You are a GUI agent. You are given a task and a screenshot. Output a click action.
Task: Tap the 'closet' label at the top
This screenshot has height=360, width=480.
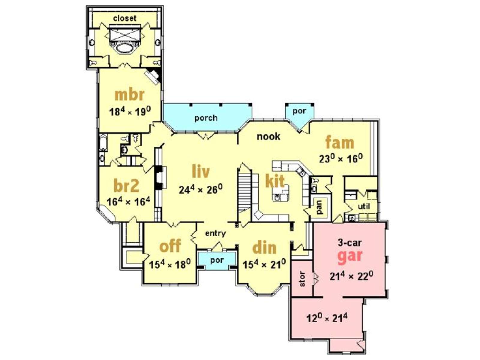click(x=124, y=18)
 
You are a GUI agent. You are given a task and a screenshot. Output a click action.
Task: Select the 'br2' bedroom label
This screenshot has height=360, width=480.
click(x=127, y=186)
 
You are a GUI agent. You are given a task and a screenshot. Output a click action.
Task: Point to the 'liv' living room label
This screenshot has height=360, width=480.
click(x=201, y=171)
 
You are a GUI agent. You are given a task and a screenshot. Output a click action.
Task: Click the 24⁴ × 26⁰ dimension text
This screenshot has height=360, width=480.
click(x=201, y=189)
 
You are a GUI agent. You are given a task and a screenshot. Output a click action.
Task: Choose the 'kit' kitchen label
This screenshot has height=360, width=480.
click(x=275, y=181)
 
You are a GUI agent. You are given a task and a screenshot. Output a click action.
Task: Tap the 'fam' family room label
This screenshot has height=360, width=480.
click(x=340, y=142)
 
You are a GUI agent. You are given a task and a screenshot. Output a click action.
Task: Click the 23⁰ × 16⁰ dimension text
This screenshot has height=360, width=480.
click(x=341, y=158)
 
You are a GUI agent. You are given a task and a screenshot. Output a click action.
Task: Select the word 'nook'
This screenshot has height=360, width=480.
click(x=268, y=136)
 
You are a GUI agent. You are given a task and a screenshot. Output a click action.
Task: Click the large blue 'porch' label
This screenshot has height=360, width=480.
click(x=206, y=118)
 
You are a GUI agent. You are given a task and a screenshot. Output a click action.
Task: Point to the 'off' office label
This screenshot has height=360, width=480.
click(x=170, y=245)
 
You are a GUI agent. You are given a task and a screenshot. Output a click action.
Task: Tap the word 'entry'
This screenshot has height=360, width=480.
click(x=215, y=233)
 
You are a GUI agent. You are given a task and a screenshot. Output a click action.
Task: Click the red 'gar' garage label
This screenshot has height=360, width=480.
click(x=350, y=255)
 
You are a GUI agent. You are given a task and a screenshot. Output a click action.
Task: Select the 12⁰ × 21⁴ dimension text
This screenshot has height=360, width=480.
click(x=327, y=318)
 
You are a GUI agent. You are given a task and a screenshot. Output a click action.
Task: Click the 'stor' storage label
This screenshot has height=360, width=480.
click(x=302, y=279)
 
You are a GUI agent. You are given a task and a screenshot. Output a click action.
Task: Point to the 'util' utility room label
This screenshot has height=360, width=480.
click(x=364, y=206)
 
